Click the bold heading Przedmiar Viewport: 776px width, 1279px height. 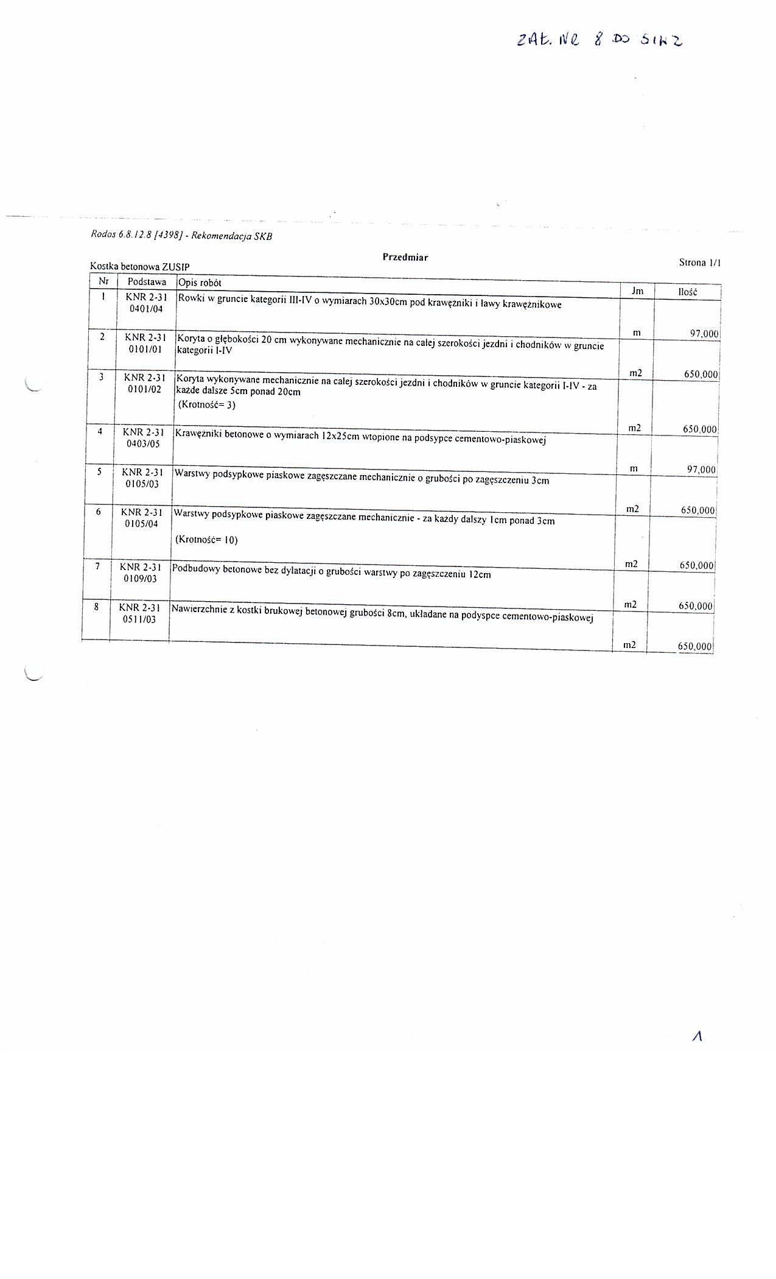coord(405,257)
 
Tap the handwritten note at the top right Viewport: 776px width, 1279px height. coord(599,40)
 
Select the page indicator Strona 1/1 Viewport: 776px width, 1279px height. coord(699,262)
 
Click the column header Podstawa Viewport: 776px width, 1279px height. coord(147,282)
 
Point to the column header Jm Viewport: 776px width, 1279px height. coord(637,291)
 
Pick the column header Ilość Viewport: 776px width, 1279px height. coord(687,292)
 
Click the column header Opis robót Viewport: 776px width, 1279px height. coord(200,283)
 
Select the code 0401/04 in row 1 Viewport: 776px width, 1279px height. coord(146,309)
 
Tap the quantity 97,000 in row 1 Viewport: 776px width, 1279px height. coord(701,334)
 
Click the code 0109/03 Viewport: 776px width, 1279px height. coord(140,579)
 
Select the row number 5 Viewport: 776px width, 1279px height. coord(99,471)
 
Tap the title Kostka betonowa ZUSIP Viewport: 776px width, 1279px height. coord(139,267)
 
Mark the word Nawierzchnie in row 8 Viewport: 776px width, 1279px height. coord(198,608)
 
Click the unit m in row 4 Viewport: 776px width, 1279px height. coord(634,468)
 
